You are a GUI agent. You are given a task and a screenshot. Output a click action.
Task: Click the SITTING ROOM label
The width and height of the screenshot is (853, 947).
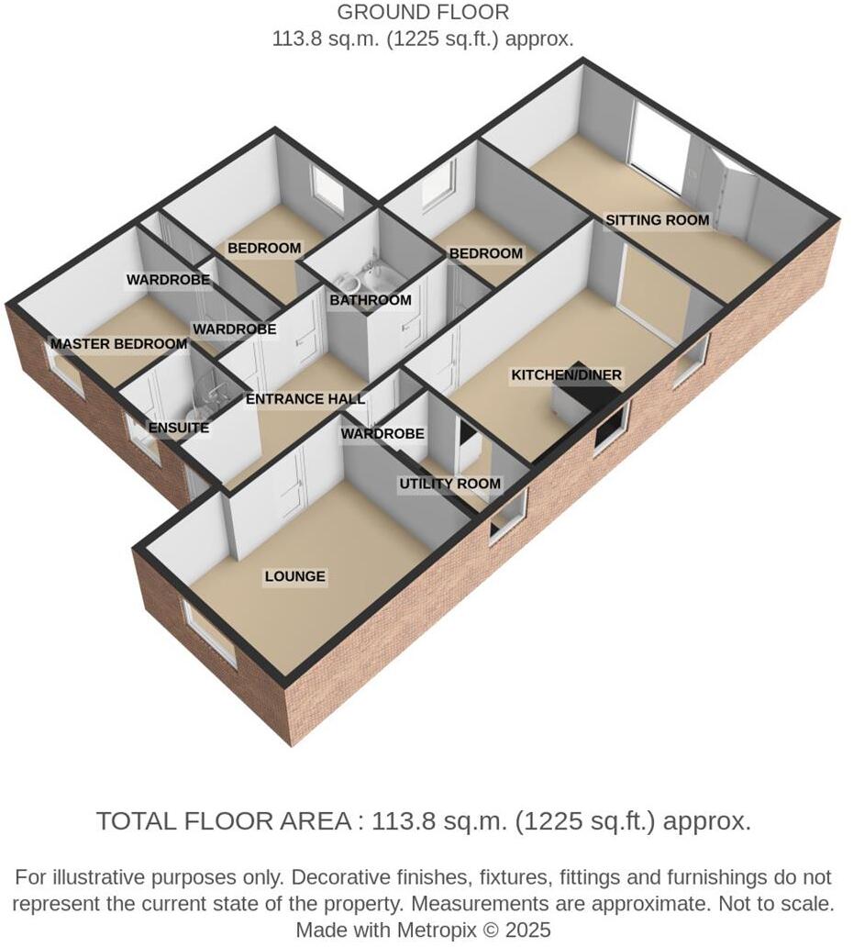tap(657, 220)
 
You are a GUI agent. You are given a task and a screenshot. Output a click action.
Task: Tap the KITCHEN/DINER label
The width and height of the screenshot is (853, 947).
tap(566, 375)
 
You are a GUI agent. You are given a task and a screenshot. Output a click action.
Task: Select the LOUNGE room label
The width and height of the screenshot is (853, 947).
tap(294, 576)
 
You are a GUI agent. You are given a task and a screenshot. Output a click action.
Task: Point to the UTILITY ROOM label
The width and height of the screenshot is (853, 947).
tap(449, 484)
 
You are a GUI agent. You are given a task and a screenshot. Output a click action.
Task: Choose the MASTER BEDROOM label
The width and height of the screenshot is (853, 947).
tap(118, 344)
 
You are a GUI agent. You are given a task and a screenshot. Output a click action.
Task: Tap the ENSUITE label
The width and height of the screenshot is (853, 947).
tap(179, 428)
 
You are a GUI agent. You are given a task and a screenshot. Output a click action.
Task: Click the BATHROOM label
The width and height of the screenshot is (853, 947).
tap(371, 300)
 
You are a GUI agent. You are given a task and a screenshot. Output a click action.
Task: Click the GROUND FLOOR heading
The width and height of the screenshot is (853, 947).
tap(423, 13)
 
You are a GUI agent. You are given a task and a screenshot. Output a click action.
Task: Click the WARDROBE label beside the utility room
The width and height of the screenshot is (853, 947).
tap(382, 433)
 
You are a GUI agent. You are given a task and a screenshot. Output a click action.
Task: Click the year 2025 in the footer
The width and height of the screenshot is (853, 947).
tap(526, 930)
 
